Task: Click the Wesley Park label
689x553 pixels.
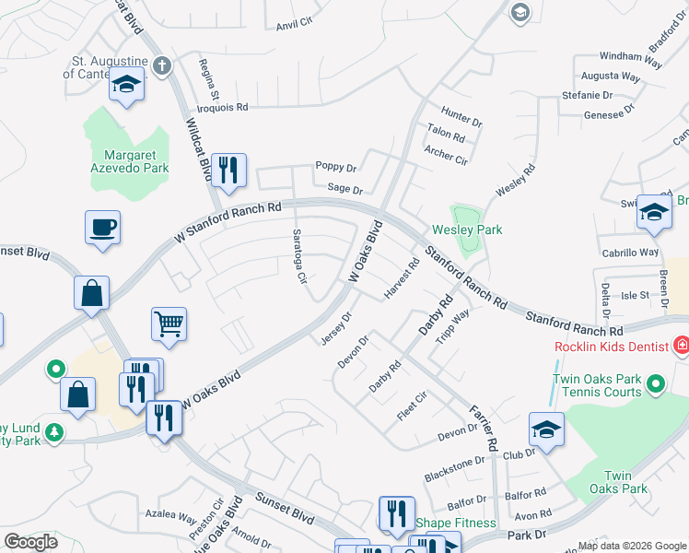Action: pyautogui.click(x=467, y=229)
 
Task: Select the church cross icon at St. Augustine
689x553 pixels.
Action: pyautogui.click(x=162, y=65)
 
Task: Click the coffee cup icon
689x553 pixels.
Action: pyautogui.click(x=102, y=227)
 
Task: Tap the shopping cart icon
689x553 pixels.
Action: pyautogui.click(x=169, y=324)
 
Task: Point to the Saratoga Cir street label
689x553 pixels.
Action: pyautogui.click(x=299, y=256)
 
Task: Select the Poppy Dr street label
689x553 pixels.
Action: pyautogui.click(x=335, y=166)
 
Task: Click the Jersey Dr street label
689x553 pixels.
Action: pyautogui.click(x=336, y=329)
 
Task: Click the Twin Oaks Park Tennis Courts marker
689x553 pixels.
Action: pyautogui.click(x=656, y=382)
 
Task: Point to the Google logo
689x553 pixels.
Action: pyautogui.click(x=30, y=541)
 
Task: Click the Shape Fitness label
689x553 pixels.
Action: pyautogui.click(x=455, y=524)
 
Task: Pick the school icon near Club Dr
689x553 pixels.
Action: pyautogui.click(x=546, y=429)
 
